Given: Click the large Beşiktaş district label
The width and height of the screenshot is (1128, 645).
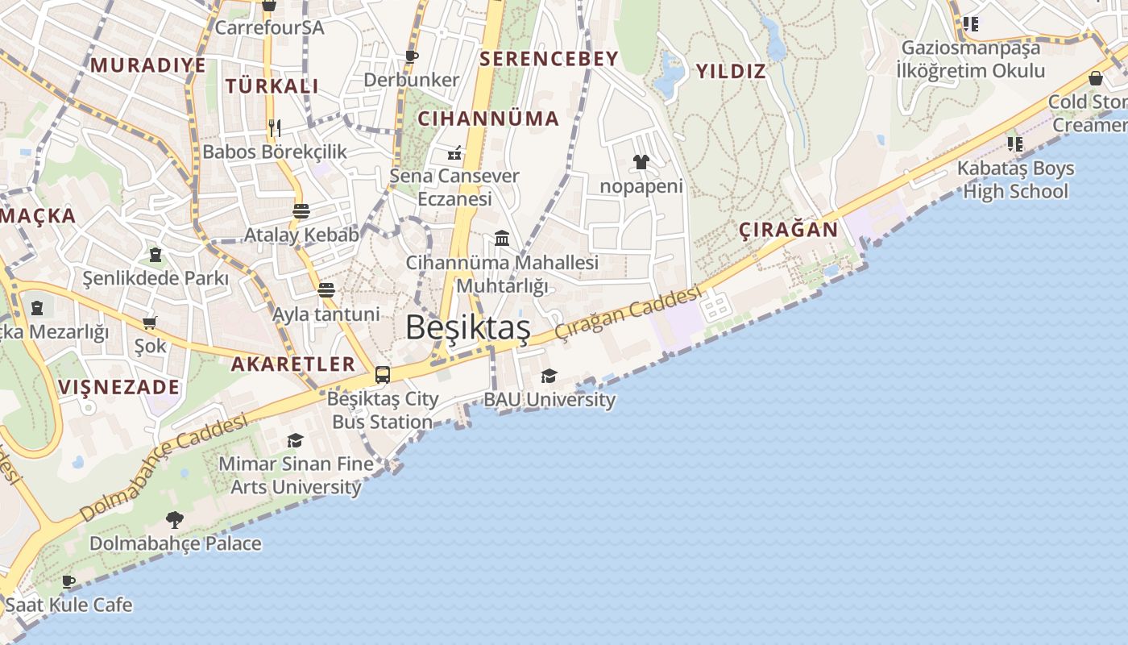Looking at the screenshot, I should tap(467, 327).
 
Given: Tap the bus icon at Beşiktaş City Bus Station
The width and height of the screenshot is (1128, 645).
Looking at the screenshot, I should tap(383, 375).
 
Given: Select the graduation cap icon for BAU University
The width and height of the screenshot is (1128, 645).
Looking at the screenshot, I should tap(549, 376).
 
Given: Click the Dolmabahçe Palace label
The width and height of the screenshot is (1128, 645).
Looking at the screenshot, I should tap(175, 543).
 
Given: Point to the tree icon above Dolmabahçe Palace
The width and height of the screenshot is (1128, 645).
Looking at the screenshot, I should tap(174, 520).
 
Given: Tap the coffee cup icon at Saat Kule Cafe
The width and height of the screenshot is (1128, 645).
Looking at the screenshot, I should tap(68, 580).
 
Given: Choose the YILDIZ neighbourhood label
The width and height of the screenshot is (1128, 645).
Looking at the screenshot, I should tap(730, 71).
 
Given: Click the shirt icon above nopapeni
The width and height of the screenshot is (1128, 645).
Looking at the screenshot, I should tap(641, 163).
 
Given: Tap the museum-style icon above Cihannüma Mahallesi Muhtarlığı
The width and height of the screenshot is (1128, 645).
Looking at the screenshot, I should tap(502, 238).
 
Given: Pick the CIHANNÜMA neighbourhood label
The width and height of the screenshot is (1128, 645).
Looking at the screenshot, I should tap(488, 119).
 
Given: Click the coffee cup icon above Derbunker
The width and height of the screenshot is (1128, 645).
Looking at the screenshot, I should tap(411, 56).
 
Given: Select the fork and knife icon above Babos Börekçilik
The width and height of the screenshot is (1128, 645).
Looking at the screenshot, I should tap(275, 127).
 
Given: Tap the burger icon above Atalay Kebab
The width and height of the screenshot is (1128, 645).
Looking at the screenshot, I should tap(301, 211).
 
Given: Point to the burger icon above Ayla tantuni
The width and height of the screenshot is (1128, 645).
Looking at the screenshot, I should tap(326, 290).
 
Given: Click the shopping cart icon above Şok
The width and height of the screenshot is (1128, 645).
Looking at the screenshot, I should tap(149, 323).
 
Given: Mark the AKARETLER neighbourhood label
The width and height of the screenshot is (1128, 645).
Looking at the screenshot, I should tap(293, 364).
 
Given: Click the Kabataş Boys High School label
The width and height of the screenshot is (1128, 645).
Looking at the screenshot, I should tap(1015, 180).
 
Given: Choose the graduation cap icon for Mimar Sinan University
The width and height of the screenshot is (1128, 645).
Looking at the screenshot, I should tap(295, 441).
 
